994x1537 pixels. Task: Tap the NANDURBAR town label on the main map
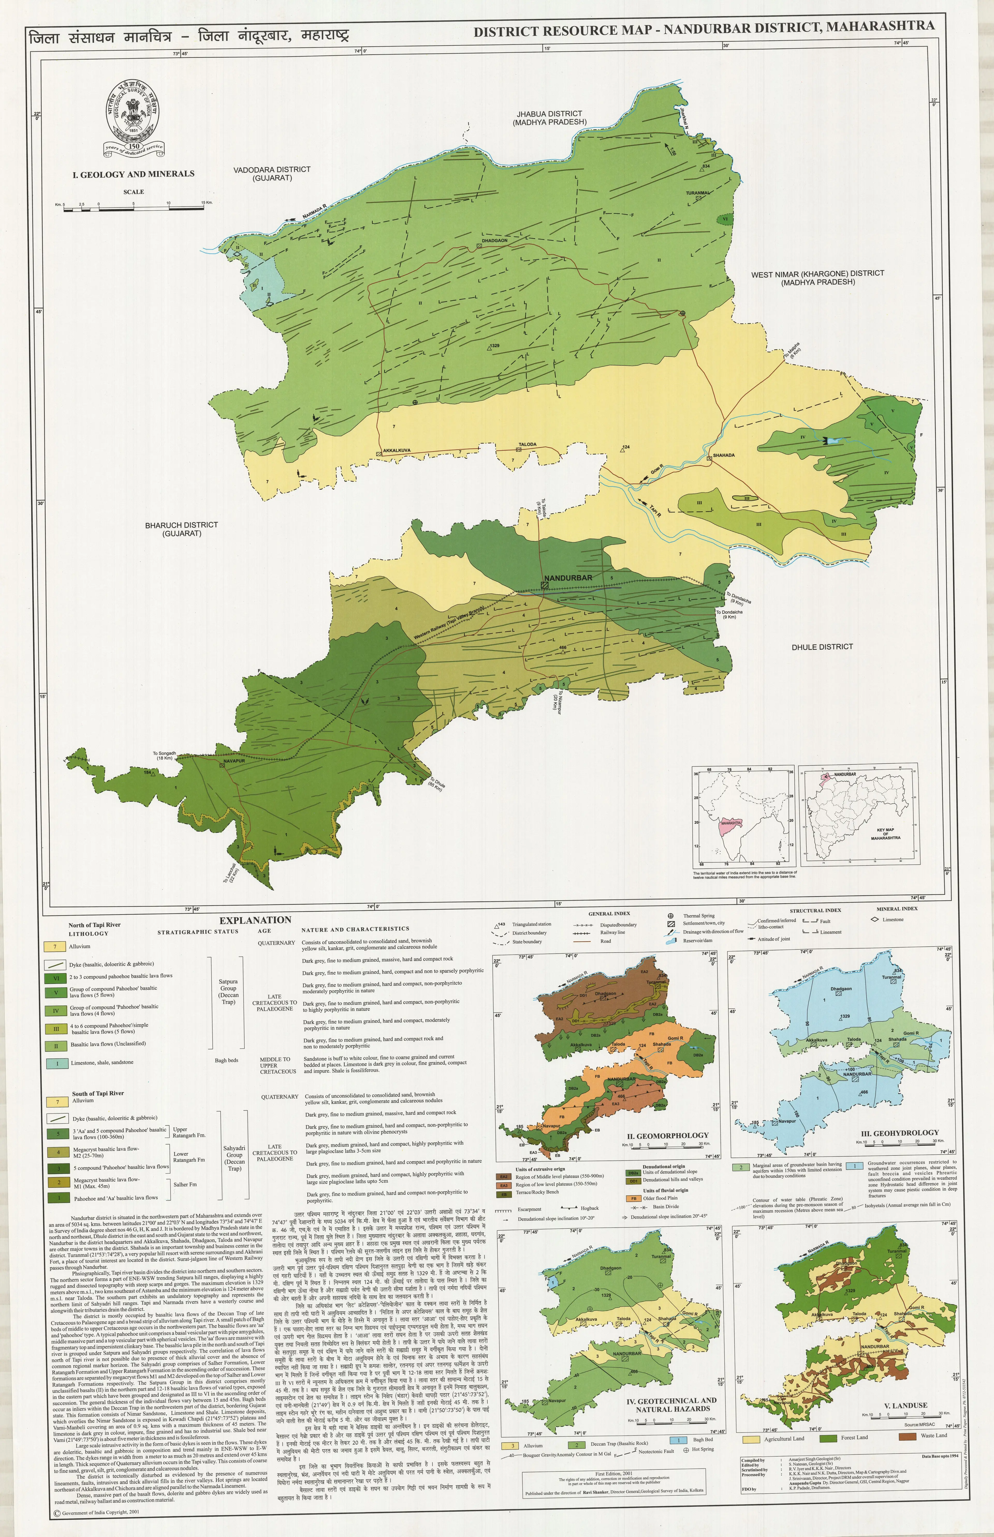[568, 578]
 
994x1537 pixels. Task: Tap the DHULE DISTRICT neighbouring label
[822, 647]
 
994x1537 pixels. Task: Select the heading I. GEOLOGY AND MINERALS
[134, 174]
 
